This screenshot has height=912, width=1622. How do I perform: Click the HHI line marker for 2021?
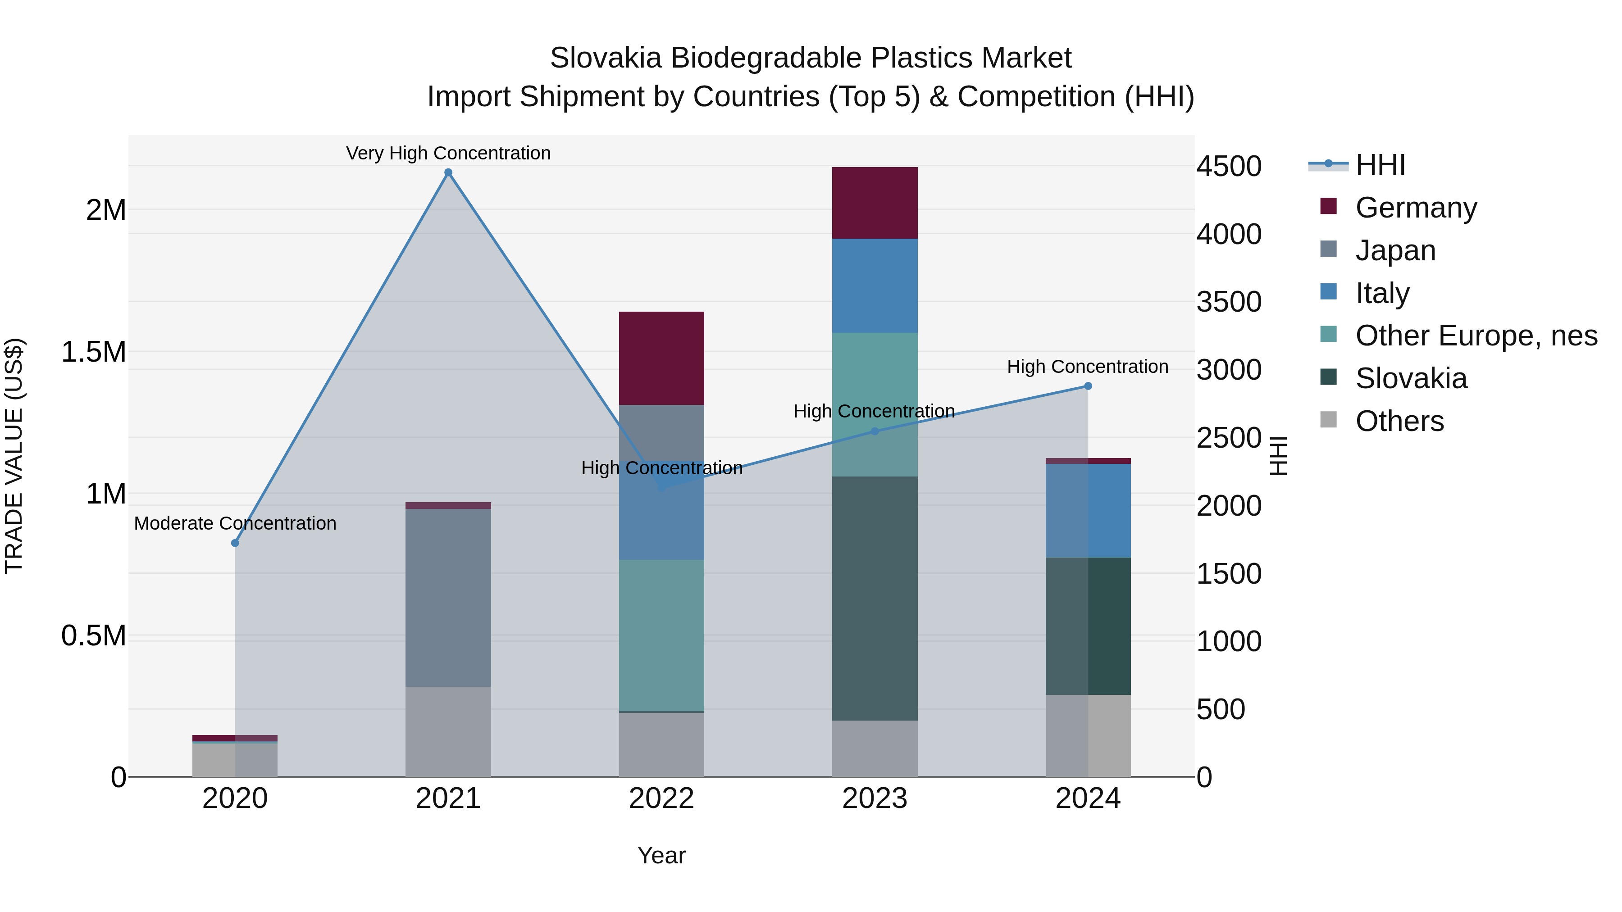[x=448, y=172]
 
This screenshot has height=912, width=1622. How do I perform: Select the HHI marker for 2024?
[x=1088, y=386]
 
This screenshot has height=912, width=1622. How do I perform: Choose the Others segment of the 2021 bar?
[x=448, y=731]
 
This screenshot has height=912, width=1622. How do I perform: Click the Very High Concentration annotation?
[x=448, y=153]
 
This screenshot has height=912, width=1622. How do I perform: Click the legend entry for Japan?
[x=1395, y=250]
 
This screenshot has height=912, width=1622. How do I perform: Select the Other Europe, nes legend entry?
[x=1476, y=336]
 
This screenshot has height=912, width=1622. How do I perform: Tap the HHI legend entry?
[x=1380, y=165]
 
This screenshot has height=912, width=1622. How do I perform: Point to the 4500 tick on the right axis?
[x=1229, y=166]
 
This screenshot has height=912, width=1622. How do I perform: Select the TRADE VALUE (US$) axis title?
[x=14, y=456]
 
